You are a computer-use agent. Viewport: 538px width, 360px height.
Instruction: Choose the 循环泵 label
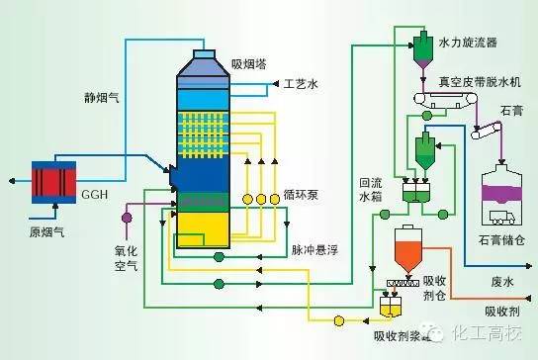pyautogui.click(x=299, y=195)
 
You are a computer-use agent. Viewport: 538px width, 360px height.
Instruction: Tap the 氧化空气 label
pyautogui.click(x=126, y=255)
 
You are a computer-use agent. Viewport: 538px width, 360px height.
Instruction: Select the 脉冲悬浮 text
pyautogui.click(x=318, y=250)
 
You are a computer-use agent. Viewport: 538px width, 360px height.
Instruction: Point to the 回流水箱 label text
pyautogui.click(x=369, y=190)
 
